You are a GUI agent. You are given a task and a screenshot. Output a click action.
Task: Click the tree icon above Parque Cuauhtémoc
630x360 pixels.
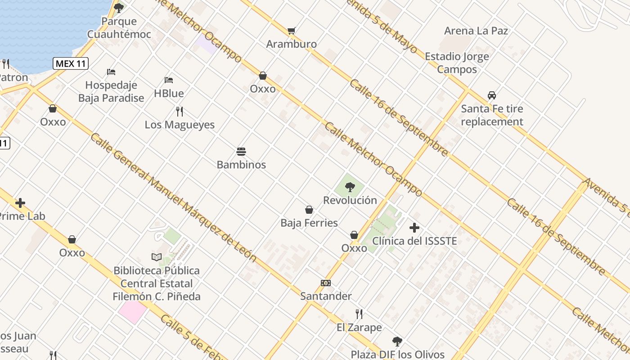(x=119, y=8)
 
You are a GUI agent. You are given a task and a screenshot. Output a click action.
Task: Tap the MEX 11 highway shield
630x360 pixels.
(x=71, y=63)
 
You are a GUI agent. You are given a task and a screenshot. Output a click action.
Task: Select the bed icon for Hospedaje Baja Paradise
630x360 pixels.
(x=111, y=72)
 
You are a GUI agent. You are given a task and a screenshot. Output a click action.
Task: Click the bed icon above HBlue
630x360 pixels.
(x=169, y=80)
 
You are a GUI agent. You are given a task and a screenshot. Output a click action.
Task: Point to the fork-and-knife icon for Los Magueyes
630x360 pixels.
(x=180, y=111)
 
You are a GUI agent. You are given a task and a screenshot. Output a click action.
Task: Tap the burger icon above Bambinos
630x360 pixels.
(x=241, y=151)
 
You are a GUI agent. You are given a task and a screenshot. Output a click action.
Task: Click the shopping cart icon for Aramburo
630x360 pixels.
(x=292, y=31)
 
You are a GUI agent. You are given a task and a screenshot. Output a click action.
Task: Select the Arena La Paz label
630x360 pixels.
(x=476, y=31)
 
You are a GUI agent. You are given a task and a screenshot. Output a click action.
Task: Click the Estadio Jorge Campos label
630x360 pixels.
(x=457, y=63)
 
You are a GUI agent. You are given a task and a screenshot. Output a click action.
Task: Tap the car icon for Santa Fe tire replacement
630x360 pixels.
(x=492, y=95)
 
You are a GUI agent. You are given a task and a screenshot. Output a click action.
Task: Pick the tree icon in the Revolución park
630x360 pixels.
(x=350, y=187)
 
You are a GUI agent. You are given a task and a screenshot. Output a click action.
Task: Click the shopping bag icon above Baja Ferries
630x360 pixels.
(x=309, y=210)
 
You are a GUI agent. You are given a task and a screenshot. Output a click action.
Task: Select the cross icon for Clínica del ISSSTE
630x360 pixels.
(x=414, y=228)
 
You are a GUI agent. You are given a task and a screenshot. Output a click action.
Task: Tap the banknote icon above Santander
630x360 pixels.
(x=326, y=283)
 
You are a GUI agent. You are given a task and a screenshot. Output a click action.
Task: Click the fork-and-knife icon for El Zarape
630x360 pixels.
(x=359, y=314)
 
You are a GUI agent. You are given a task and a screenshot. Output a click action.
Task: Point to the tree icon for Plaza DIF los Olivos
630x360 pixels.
(x=397, y=341)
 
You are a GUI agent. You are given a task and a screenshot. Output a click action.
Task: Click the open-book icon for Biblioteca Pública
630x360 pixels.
(x=156, y=257)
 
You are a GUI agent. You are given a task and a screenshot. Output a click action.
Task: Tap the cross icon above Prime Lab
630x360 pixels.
(x=20, y=203)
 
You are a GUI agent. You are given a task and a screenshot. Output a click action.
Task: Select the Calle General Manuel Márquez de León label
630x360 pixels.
(x=173, y=198)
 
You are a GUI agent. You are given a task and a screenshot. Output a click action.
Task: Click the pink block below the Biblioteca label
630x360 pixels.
(x=133, y=312)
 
